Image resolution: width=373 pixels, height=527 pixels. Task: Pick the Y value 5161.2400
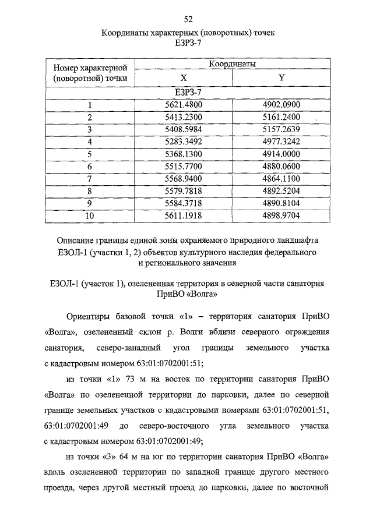281,117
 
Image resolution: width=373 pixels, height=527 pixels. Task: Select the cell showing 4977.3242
281,142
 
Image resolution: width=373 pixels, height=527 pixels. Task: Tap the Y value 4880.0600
281,166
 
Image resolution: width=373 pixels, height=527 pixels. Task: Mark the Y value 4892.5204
281,190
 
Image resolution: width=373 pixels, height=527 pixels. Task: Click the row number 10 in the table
90,215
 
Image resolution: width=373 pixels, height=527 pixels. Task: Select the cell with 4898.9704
281,215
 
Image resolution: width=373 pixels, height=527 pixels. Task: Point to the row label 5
90,154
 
